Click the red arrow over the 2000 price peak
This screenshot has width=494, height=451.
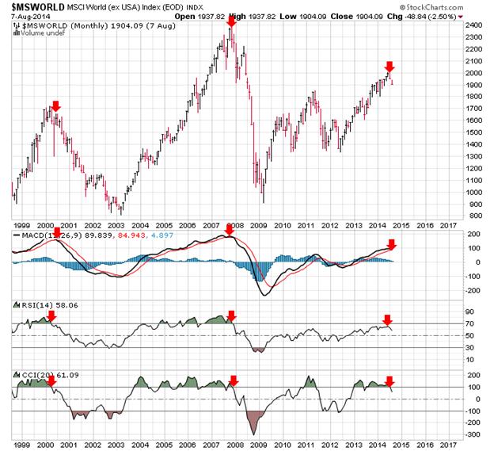[55, 105]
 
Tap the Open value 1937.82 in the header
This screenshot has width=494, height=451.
[235, 15]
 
